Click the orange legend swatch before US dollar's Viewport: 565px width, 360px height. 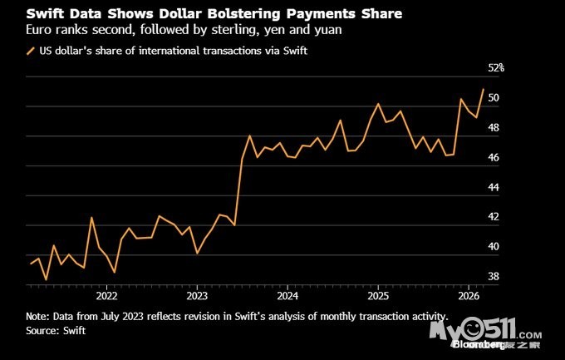pyautogui.click(x=31, y=52)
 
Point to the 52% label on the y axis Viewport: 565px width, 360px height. pyautogui.click(x=496, y=68)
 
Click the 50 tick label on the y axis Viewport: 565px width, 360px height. pyautogui.click(x=494, y=98)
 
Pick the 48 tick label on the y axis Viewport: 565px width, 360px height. pyautogui.click(x=494, y=128)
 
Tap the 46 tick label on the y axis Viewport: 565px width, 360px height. pyautogui.click(x=494, y=158)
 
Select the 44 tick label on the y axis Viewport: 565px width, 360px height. pyautogui.click(x=494, y=187)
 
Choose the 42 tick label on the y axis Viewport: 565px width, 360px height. pyautogui.click(x=494, y=217)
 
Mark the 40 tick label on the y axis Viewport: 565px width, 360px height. pyautogui.click(x=494, y=247)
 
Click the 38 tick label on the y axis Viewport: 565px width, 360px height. pyautogui.click(x=494, y=277)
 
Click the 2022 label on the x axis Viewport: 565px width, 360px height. pyautogui.click(x=106, y=295)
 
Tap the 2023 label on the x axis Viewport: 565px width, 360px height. pyautogui.click(x=197, y=295)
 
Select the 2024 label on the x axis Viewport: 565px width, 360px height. pyautogui.click(x=287, y=295)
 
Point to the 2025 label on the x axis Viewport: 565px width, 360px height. pyautogui.click(x=378, y=295)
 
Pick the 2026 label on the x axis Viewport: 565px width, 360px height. pyautogui.click(x=468, y=295)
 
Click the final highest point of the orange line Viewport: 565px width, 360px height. pyautogui.click(x=483, y=89)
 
